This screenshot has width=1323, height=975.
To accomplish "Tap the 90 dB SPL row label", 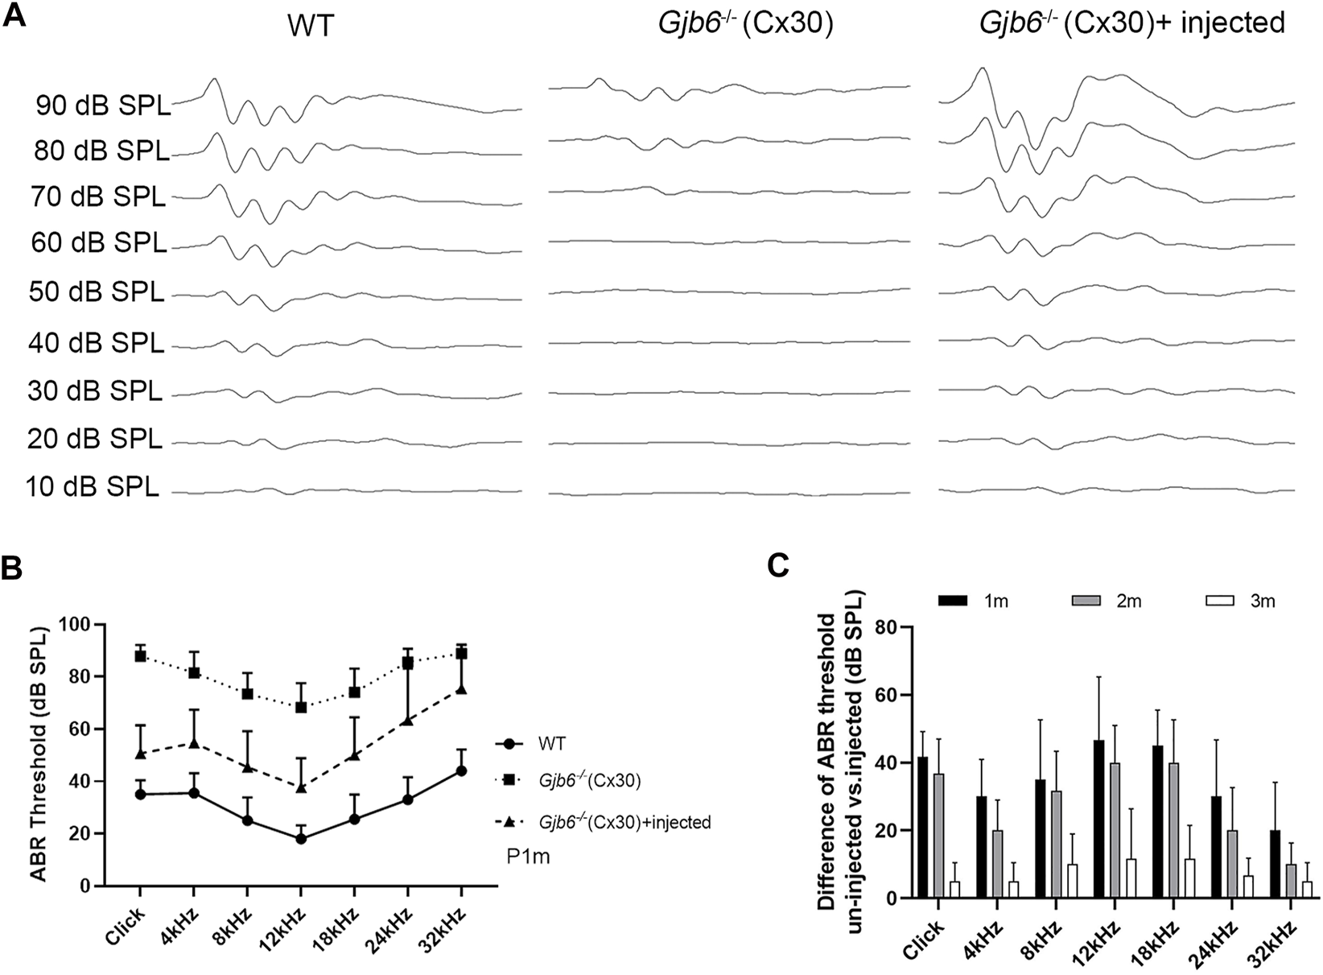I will pos(103,105).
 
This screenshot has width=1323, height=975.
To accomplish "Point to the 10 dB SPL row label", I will pos(93,487).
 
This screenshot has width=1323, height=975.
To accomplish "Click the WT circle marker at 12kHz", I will pos(301,838).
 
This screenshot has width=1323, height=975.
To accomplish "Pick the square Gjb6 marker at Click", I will pos(140,655).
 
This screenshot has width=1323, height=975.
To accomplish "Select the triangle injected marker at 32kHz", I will pos(461,689).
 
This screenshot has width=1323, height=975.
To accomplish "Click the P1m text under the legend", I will pos(528,857).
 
